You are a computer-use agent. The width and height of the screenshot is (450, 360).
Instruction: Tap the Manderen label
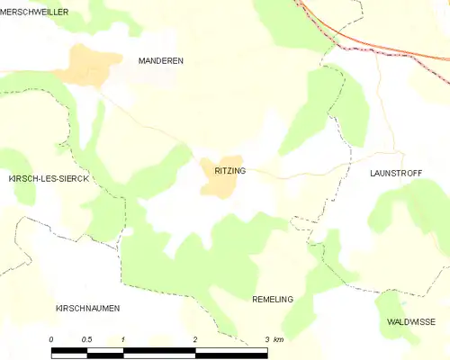[x=160, y=60]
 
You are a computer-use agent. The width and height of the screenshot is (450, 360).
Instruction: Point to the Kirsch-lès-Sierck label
[x=48, y=179]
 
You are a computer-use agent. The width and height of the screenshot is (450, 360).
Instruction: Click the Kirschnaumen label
[x=87, y=308]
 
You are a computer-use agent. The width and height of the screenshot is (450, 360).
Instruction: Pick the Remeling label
[x=273, y=299]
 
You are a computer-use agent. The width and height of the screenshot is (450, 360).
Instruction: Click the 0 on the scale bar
[x=51, y=339]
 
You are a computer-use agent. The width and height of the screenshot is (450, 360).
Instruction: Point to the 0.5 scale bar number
[x=85, y=339]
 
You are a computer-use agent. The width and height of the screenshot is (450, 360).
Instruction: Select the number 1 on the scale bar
[x=122, y=339]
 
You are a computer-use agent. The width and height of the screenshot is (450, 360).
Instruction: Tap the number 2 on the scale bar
[x=194, y=339]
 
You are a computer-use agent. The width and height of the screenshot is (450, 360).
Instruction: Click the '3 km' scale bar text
[x=274, y=339]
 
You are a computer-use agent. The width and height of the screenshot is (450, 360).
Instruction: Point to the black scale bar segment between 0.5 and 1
[x=105, y=353]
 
